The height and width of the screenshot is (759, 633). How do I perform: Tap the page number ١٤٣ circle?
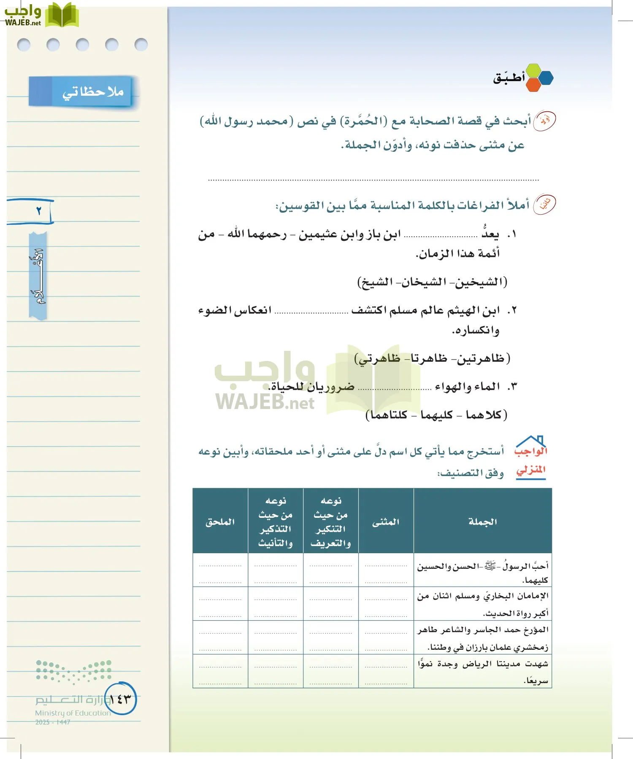[121, 699]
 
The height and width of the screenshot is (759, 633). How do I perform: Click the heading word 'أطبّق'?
[509, 78]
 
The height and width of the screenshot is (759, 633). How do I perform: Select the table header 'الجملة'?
[482, 522]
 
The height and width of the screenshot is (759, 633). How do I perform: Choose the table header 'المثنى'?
[385, 522]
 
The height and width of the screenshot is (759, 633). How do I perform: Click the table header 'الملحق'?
[220, 522]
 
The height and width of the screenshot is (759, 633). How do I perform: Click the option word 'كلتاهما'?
[389, 415]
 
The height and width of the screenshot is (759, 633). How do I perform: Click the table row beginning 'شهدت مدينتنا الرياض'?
[482, 671]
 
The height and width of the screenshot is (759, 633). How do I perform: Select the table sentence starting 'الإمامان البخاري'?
[482, 604]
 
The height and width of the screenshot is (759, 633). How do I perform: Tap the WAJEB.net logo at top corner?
[41, 15]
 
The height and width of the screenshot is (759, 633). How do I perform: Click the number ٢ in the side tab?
[38, 210]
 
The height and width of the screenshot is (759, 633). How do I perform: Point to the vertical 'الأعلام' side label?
[38, 276]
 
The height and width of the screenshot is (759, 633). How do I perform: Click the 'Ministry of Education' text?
[73, 713]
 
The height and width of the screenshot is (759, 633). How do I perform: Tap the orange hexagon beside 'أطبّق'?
[533, 84]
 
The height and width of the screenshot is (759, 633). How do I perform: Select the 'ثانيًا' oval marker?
[544, 205]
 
